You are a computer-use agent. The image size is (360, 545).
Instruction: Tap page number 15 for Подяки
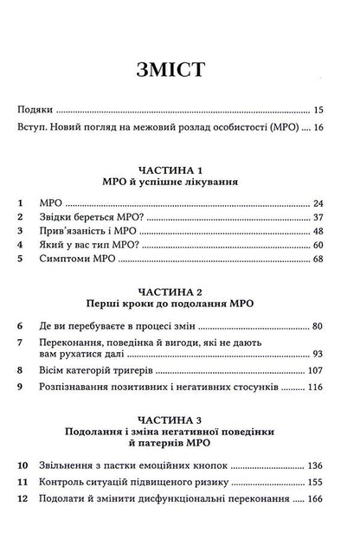(318, 111)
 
